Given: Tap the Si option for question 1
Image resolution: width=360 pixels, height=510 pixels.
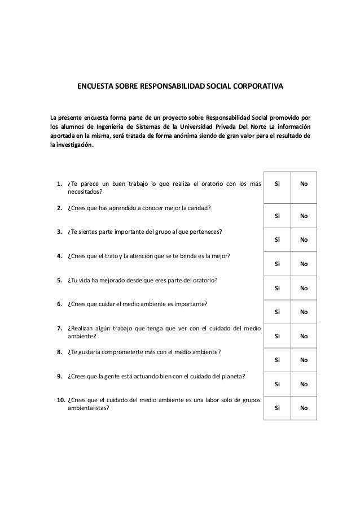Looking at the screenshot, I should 276,184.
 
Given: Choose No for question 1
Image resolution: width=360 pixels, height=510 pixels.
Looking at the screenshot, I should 304,184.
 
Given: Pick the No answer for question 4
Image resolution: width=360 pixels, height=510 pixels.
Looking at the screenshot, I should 304,264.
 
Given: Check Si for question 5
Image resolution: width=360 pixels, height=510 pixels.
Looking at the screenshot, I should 276,288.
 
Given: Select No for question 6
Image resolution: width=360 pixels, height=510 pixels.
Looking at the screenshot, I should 304,312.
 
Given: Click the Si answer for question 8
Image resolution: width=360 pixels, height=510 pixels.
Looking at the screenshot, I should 276,360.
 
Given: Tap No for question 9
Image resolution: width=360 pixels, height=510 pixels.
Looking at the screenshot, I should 304,385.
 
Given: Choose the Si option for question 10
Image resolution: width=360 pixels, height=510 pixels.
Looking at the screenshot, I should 276,409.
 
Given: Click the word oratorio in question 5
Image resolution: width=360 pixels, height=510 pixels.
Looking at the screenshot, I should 205,281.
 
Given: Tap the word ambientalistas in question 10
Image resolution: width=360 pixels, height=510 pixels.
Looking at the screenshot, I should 89,409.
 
